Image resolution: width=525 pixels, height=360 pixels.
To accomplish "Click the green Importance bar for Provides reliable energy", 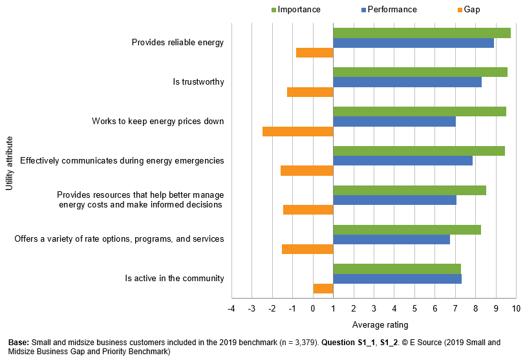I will [422, 33].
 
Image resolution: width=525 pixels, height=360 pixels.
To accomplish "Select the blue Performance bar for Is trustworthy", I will [407, 82].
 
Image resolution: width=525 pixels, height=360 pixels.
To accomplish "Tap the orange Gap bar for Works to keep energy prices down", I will [297, 131].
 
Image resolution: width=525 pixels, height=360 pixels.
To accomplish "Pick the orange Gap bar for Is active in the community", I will [323, 288].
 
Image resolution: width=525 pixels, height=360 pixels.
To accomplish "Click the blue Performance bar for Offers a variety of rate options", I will [391, 239].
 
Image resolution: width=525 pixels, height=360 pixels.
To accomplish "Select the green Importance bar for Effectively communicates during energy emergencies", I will [419, 151].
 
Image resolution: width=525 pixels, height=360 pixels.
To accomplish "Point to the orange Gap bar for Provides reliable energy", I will [314, 52].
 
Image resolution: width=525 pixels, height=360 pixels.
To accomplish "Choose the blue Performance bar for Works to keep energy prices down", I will [394, 122].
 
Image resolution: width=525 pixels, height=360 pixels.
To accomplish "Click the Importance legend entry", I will [296, 10].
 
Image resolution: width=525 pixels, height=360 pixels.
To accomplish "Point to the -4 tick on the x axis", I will [231, 308].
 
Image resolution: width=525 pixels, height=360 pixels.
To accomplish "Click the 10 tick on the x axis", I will [516, 308].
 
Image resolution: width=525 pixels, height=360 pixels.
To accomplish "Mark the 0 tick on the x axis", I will [313, 308].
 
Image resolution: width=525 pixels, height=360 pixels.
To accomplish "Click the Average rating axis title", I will [380, 324].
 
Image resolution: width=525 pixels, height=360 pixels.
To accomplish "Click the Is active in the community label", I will [175, 279].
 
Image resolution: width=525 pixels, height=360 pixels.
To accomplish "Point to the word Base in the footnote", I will [18, 342].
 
